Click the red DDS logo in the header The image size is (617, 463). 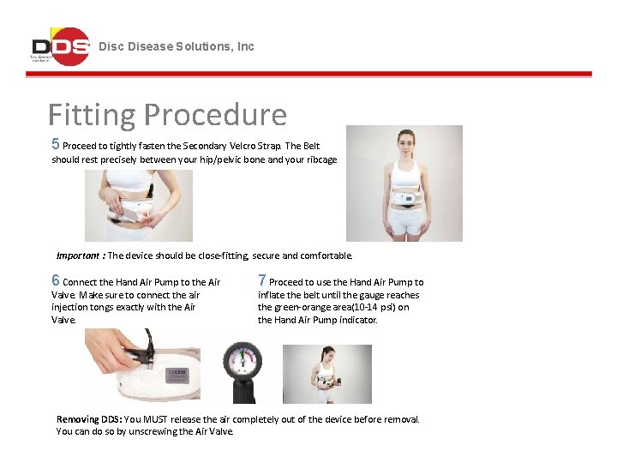60,46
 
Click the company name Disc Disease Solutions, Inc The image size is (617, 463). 177,46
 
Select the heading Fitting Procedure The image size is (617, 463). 167,114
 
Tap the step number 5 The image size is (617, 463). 56,144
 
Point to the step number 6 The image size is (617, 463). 56,280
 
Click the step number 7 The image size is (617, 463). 262,280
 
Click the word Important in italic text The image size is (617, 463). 79,256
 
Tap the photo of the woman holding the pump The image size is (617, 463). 326,374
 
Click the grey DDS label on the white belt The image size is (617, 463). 177,375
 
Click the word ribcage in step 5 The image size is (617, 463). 320,159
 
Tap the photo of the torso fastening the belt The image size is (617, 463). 138,205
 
